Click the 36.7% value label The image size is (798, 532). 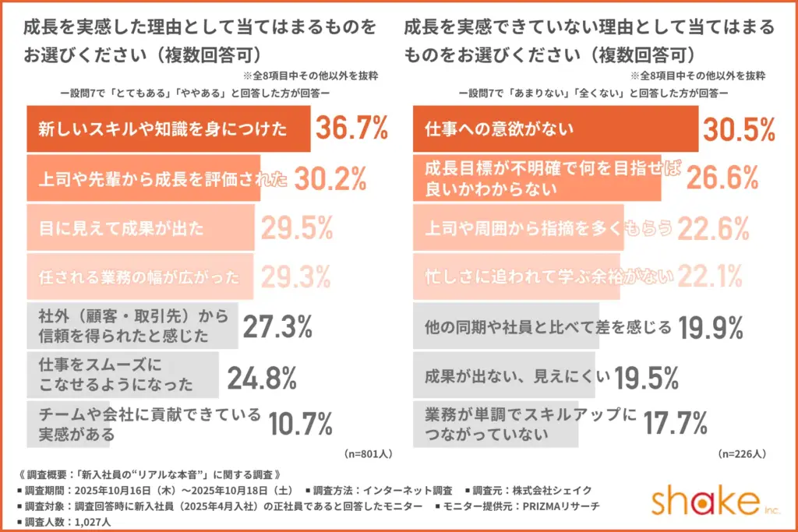coord(351,129)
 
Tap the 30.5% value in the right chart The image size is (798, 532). coord(739,129)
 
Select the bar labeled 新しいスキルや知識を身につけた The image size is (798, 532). coord(168,129)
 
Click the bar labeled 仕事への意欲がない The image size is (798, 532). coord(555,129)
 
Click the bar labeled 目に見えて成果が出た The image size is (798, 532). coord(140,228)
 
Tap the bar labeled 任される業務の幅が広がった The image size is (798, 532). coord(140,276)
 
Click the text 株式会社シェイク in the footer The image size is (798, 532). coord(555,491)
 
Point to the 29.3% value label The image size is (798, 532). coord(297,276)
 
